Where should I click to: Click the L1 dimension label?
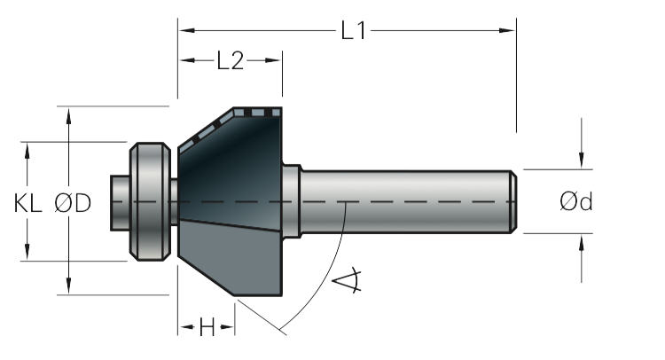pyautogui.click(x=354, y=31)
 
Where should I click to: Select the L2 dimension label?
pyautogui.click(x=230, y=61)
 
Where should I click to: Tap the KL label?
pyautogui.click(x=28, y=203)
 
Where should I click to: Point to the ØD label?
pyautogui.click(x=73, y=203)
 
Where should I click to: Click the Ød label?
pyautogui.click(x=576, y=202)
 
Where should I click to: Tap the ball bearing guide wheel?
pyautogui.click(x=150, y=201)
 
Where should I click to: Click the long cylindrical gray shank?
pyautogui.click(x=408, y=201)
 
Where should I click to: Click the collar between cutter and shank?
pyautogui.click(x=291, y=201)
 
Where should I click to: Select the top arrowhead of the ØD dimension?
pyautogui.click(x=69, y=113)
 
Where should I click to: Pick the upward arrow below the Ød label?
pyautogui.click(x=582, y=240)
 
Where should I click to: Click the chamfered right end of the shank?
pyautogui.click(x=512, y=201)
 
